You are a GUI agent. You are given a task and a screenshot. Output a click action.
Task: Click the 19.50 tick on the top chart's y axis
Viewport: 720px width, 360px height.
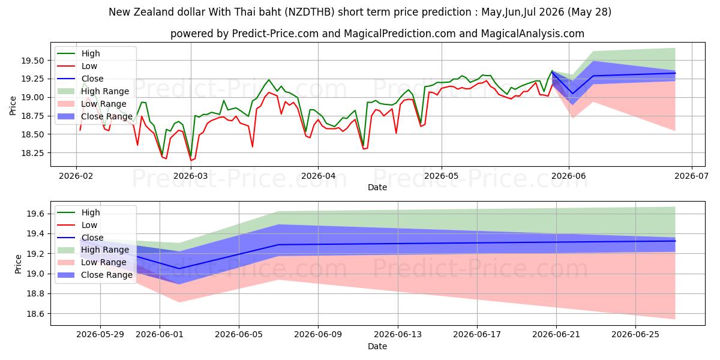coord(32,61)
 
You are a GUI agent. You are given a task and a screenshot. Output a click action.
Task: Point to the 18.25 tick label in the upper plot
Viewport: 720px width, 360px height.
coord(32,153)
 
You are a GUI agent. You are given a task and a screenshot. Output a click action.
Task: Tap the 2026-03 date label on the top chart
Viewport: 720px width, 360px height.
coord(191,176)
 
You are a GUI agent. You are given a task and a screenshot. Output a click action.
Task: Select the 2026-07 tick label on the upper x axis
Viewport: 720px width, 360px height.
coord(691,176)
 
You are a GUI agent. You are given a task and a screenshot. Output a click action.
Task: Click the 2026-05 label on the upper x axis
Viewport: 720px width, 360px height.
coord(442,176)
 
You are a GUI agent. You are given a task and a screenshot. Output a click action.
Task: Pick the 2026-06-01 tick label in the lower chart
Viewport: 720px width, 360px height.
coord(160,335)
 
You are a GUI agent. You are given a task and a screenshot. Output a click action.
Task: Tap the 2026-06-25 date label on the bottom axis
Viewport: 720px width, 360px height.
coord(635,335)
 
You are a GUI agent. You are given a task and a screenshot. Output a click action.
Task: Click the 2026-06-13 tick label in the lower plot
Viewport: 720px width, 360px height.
coord(398,335)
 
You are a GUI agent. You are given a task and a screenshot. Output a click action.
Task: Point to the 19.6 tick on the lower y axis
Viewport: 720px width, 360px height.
coord(35,214)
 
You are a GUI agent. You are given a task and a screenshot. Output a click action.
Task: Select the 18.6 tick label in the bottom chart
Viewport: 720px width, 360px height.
coord(35,314)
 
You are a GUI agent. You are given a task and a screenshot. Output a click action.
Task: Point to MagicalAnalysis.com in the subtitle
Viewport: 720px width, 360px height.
coord(533,34)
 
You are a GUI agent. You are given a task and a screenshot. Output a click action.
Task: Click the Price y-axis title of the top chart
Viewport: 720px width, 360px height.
coord(13,106)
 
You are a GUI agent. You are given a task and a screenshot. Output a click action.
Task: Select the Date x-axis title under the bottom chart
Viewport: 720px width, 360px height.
coord(377,346)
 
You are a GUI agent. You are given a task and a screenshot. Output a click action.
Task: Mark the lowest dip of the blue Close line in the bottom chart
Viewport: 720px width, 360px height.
coord(179,269)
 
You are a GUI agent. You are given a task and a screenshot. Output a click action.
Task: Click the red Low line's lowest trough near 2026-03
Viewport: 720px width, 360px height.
coord(191,160)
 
